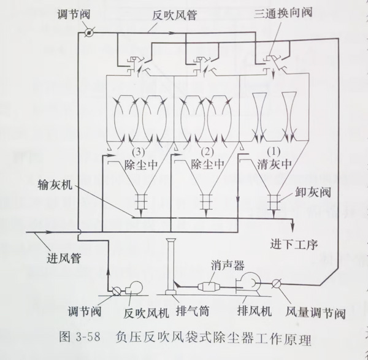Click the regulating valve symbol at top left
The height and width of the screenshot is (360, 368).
(90, 33)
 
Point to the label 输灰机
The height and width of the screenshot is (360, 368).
(55, 185)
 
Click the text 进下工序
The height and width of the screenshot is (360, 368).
(294, 243)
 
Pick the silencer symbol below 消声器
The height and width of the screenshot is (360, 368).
(211, 285)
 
